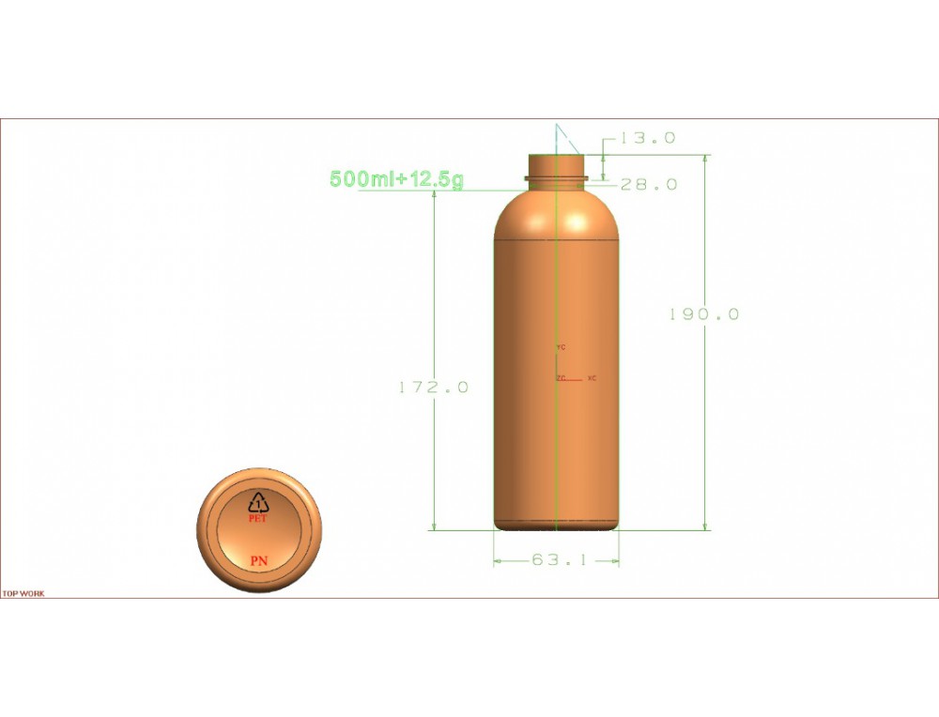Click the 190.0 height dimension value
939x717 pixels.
pyautogui.click(x=704, y=314)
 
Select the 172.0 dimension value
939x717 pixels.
pyautogui.click(x=434, y=388)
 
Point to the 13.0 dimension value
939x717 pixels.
pyautogui.click(x=647, y=138)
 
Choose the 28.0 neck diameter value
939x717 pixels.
pyautogui.click(x=649, y=184)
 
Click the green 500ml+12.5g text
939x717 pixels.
pyautogui.click(x=396, y=179)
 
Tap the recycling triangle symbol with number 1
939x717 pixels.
pyautogui.click(x=259, y=503)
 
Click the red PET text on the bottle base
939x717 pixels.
pyautogui.click(x=258, y=519)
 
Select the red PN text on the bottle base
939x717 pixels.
pyautogui.click(x=259, y=561)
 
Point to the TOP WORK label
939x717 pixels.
pyautogui.click(x=23, y=594)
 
